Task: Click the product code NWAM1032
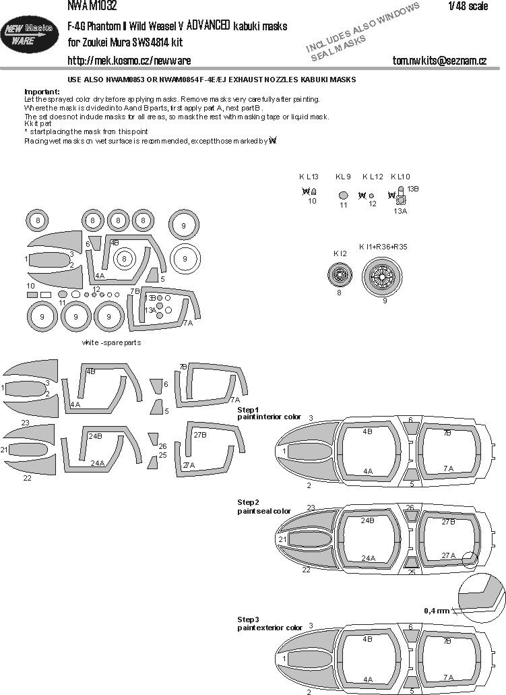coord(92,6)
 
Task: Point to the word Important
coord(41,91)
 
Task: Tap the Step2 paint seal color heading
coord(263,507)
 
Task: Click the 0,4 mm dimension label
coord(436,611)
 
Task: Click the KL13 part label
coord(309,177)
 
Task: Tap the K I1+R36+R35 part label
coord(383,247)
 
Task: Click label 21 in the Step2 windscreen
coord(283,539)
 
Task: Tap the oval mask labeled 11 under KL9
coord(344,195)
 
